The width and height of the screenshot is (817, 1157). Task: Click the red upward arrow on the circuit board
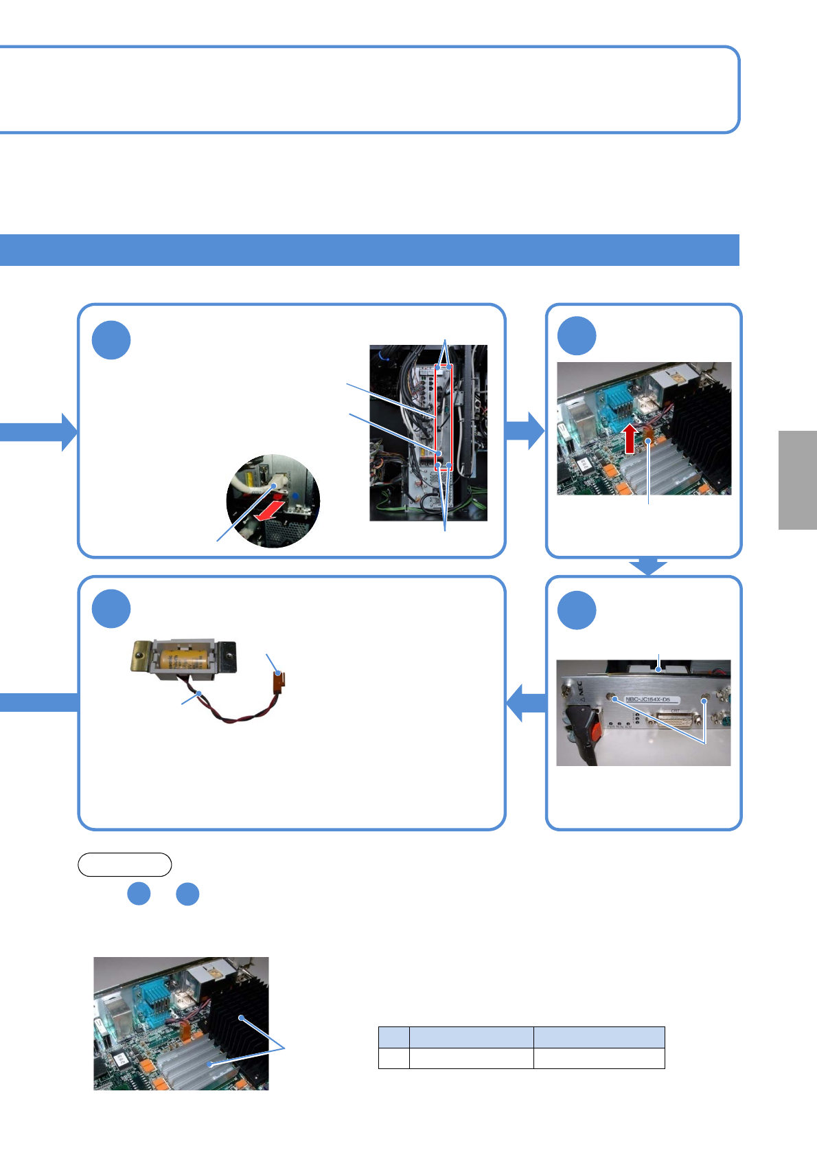pyautogui.click(x=630, y=439)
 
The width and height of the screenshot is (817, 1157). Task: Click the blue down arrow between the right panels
pyautogui.click(x=648, y=567)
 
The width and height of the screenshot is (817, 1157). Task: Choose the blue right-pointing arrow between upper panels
pyautogui.click(x=525, y=430)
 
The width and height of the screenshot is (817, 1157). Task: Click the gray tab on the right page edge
pyautogui.click(x=797, y=480)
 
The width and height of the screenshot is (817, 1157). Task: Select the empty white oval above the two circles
pyautogui.click(x=124, y=864)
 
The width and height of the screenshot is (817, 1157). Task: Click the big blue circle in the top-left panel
pyautogui.click(x=111, y=340)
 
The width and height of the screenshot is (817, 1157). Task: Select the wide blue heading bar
pyautogui.click(x=369, y=249)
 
